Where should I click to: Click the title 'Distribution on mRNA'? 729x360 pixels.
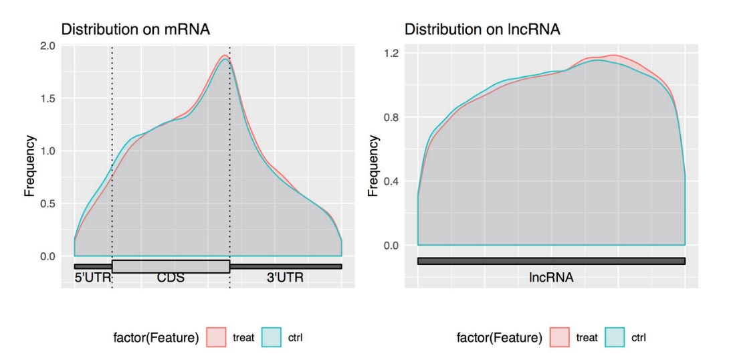[136, 29]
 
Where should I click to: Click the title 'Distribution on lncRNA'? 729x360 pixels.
[482, 29]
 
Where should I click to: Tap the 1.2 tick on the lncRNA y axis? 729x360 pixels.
[391, 53]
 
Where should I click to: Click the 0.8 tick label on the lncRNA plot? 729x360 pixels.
[391, 117]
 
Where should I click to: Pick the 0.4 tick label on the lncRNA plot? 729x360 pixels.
[391, 181]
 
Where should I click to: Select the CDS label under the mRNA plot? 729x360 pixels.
[171, 277]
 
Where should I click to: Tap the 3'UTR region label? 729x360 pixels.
[286, 277]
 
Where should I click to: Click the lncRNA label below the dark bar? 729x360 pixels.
[551, 275]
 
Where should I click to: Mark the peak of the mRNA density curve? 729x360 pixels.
[225, 56]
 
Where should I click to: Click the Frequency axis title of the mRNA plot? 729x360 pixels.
[30, 166]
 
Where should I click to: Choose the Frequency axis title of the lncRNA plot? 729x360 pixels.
[374, 166]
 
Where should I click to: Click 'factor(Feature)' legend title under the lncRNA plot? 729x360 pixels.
[499, 338]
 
